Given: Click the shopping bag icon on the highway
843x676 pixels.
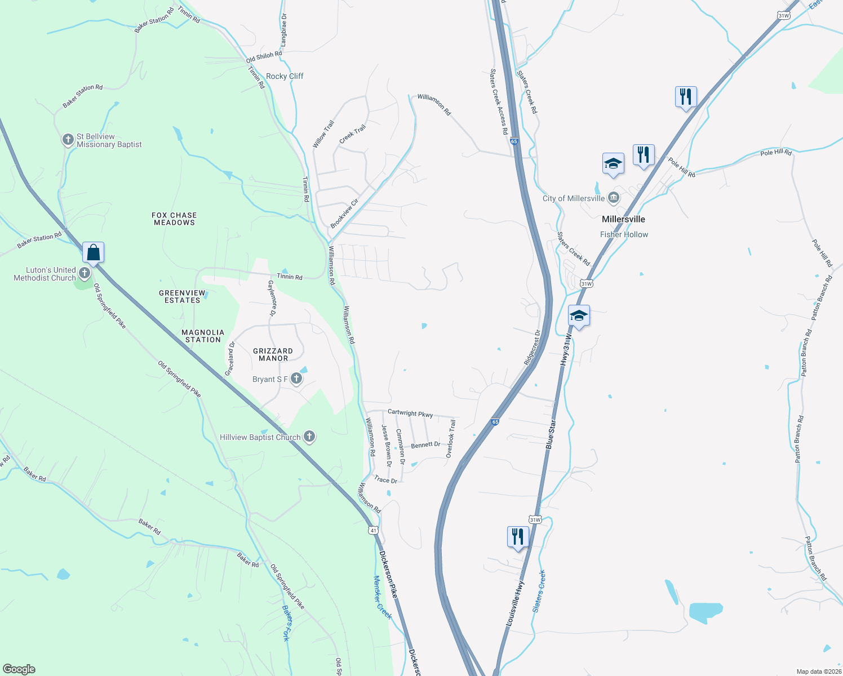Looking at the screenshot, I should pos(93,253).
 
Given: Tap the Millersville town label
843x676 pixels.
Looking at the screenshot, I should pos(623,219).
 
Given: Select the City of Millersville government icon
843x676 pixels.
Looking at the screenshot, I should pos(614,198).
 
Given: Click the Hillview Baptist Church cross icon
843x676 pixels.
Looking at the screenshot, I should pos(309,437).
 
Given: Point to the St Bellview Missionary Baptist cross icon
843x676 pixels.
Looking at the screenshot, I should pos(68,140).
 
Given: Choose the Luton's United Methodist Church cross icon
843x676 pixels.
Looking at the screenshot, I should pos(85,274).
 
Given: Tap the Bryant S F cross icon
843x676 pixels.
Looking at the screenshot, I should pos(296,379).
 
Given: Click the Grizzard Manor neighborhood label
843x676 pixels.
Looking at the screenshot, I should pos(273,354).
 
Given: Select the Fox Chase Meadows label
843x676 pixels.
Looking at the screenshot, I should pos(174,219).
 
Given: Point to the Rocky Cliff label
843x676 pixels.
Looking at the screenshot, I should pos(285,76).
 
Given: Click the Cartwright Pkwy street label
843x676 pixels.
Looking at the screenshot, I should pos(410,413).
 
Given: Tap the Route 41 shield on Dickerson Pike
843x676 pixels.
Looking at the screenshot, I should pos(373,530).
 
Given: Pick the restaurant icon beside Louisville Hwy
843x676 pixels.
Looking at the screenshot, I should pos(517,537).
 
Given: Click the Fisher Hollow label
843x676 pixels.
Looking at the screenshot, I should pos(624,234).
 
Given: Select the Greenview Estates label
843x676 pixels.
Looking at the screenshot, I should pos(182,296).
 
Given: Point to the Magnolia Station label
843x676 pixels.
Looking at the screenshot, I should pos(203,336).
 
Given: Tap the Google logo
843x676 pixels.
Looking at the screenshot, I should pos(19,669).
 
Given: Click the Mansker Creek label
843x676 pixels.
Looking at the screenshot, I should pos(383,597).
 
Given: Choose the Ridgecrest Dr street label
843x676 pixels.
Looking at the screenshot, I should pos(533,348).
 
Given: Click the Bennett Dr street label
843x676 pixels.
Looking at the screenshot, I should pos(425,444).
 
